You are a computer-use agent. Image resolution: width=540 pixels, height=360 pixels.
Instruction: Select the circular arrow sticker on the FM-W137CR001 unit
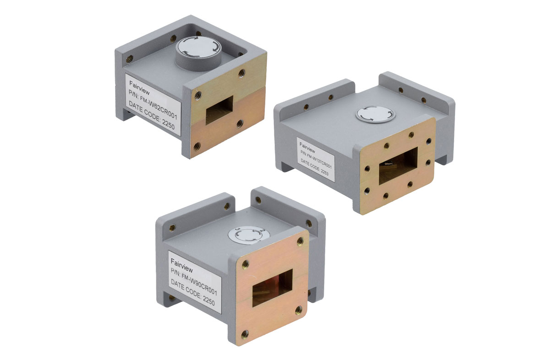[x=375, y=114]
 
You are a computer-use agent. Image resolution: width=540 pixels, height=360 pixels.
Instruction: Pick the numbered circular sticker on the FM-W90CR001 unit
[x=249, y=236]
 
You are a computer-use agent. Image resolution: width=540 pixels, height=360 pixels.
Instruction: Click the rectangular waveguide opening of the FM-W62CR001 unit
[x=219, y=110]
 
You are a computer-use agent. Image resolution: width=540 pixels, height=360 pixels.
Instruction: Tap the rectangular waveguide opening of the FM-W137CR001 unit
[x=398, y=167]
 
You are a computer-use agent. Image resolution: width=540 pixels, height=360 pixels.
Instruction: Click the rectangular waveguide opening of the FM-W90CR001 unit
[x=273, y=287]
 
